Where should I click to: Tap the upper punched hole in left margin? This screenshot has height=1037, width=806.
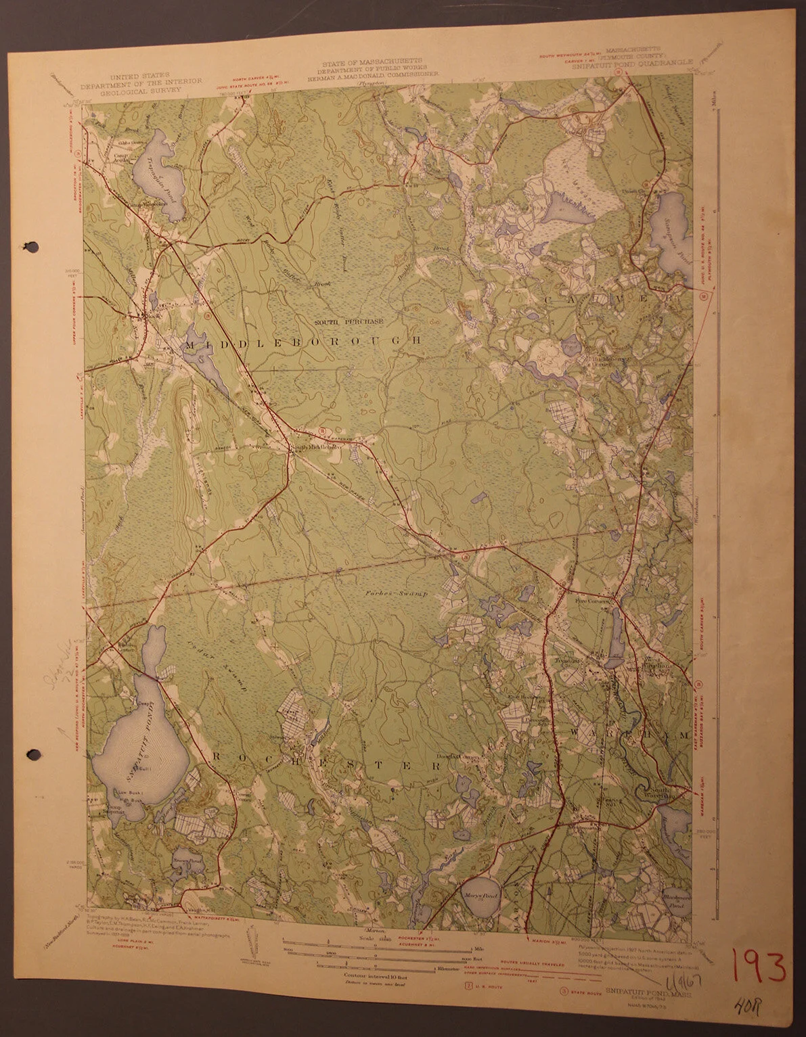[27, 246]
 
